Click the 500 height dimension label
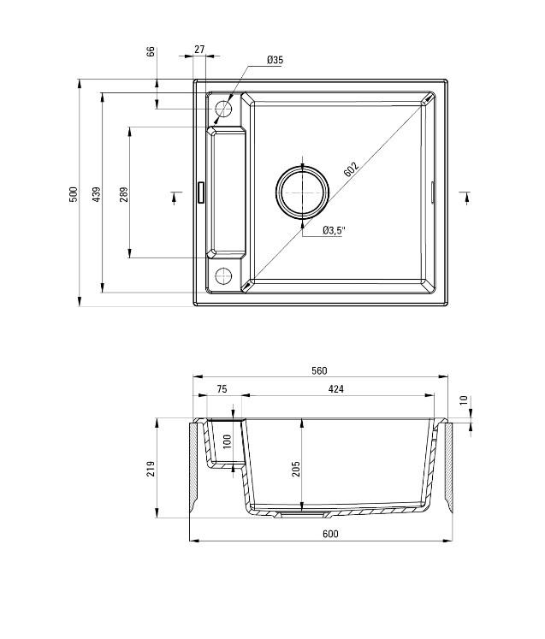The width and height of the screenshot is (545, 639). click(x=74, y=194)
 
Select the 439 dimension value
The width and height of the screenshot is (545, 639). click(x=97, y=194)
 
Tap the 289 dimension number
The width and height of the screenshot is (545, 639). click(x=123, y=194)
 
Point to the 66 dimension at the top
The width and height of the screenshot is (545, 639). click(x=151, y=52)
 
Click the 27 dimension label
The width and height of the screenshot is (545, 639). click(x=199, y=50)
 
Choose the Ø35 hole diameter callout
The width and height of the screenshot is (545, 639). click(x=275, y=60)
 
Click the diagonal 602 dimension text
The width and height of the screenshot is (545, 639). click(x=352, y=169)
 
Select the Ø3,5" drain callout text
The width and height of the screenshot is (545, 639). click(x=334, y=231)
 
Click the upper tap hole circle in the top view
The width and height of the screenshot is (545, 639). click(x=223, y=109)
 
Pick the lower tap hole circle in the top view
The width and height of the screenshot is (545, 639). click(x=223, y=275)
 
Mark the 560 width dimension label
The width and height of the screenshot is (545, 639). click(x=319, y=370)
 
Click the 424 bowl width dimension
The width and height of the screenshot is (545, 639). click(x=335, y=389)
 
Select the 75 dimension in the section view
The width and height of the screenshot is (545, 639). click(x=221, y=389)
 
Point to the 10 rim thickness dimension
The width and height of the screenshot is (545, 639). click(x=464, y=400)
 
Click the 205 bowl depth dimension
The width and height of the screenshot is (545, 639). click(x=297, y=468)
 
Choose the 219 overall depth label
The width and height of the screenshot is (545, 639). click(x=152, y=468)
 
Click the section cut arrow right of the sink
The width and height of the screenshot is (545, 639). click(x=465, y=196)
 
